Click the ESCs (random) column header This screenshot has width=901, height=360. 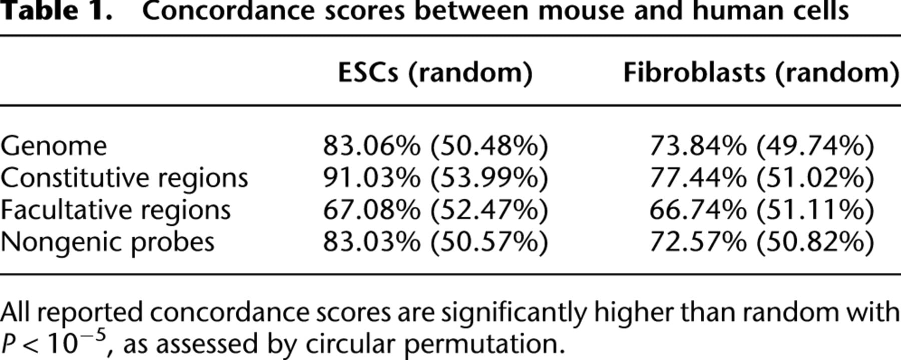pos(435,73)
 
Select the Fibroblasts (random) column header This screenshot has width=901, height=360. pos(761,73)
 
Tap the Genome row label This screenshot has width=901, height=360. pos(54,146)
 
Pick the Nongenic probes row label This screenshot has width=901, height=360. pos(107,243)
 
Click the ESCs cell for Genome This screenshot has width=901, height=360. pos(435,146)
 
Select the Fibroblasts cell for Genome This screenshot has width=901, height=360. pos(762,146)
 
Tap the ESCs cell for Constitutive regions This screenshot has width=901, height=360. pos(435,178)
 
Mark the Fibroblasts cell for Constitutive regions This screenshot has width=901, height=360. pos(762,178)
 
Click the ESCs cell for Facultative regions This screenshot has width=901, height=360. pos(435,210)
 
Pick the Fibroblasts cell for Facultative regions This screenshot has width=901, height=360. pos(762,210)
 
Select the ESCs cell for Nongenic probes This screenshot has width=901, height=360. pos(435,242)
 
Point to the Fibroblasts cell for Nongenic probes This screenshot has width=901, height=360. pos(762,242)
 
